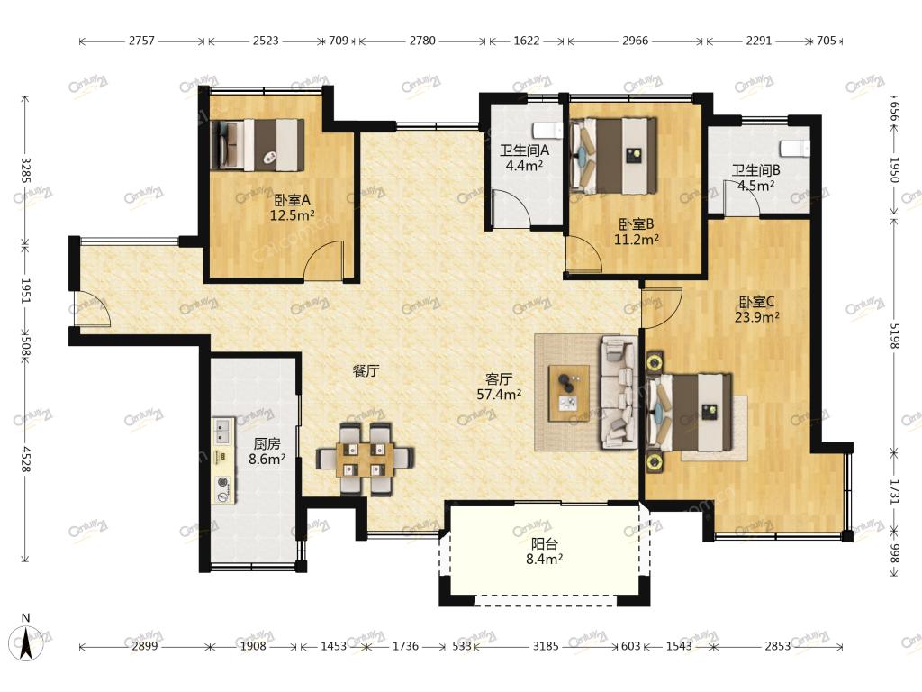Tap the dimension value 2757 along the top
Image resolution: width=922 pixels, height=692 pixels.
pos(141,41)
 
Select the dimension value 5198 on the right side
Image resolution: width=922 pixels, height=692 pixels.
pos(894,336)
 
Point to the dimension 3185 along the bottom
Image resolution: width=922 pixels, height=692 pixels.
pos(545,646)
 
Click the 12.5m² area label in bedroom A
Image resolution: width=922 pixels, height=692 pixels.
pos(292,215)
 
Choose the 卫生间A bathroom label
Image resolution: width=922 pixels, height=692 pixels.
pos(525,150)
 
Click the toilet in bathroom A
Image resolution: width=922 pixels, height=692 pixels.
pos(545,130)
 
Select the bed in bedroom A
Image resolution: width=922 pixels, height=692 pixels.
pos(258,145)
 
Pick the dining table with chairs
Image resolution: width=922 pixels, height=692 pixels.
pos(365,459)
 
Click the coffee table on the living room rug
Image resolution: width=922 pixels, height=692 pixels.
pos(569,393)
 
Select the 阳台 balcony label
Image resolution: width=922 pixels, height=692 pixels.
pos(544,543)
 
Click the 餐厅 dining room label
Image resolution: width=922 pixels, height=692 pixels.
pos(366,370)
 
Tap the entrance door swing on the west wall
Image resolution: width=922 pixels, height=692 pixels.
pos(91,308)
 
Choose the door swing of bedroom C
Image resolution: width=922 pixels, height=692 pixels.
pos(662,308)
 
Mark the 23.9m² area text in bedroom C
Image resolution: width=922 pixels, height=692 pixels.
pos(756,317)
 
